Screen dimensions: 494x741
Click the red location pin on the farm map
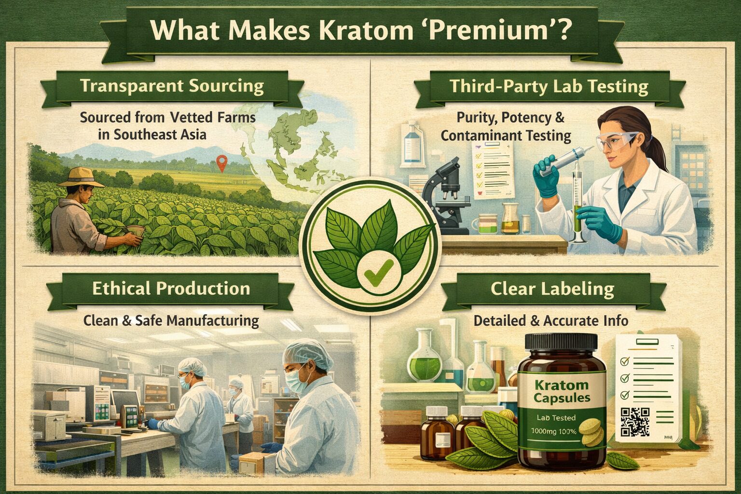(221, 163)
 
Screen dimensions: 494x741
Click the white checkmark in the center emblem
(373, 275)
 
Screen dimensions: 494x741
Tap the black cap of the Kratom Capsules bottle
(561, 343)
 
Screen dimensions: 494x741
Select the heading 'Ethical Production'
(171, 288)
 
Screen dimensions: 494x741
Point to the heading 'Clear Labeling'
(552, 289)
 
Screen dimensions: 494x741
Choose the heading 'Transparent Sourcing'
(172, 86)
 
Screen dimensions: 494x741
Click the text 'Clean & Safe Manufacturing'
(171, 320)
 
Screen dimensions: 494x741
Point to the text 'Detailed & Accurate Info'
(550, 320)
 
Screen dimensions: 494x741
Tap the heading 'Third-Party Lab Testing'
(549, 86)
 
